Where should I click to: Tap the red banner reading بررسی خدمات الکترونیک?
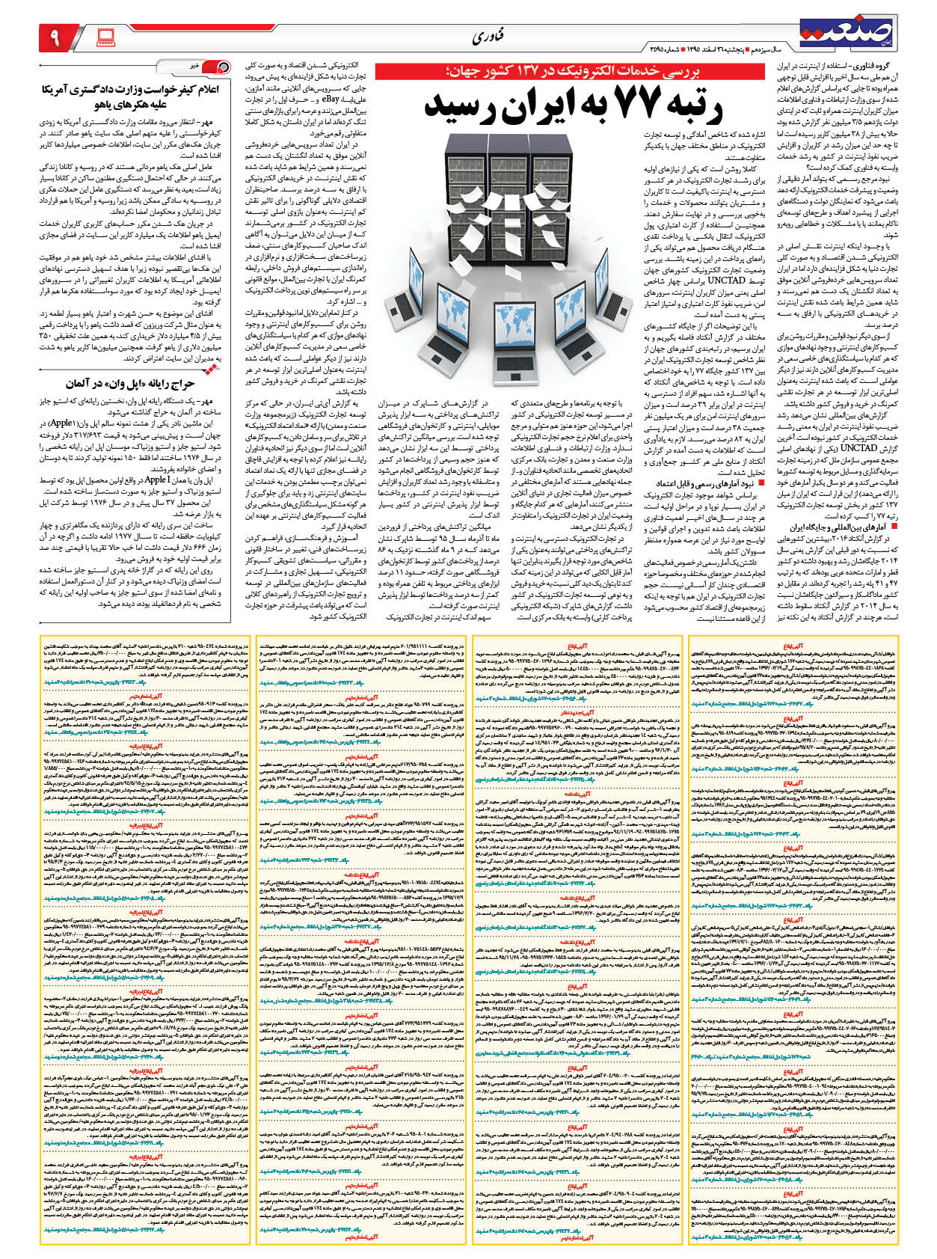[x=574, y=72]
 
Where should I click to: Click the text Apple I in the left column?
[x=156, y=480]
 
